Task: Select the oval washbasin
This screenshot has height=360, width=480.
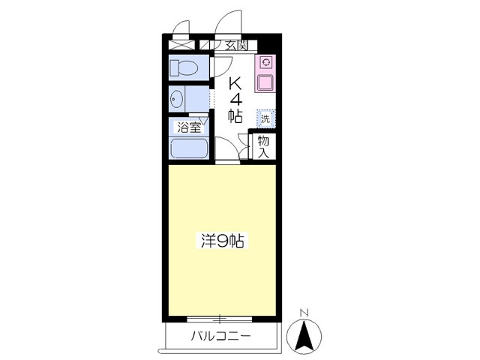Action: pos(178,98)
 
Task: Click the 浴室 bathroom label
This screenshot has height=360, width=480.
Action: pos(188,127)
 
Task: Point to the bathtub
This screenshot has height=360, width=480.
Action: pos(188,147)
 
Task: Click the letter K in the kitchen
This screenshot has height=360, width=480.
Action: pos(235,82)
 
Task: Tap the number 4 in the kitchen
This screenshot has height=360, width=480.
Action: pos(235,98)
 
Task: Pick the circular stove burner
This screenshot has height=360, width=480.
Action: pos(265,63)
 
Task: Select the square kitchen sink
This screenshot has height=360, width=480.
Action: pos(265,82)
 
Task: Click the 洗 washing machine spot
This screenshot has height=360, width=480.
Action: pos(265,118)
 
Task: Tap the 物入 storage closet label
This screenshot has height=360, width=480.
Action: pos(263,145)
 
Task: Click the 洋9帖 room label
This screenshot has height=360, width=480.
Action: pos(221,241)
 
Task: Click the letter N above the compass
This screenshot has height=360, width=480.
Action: pos(304,312)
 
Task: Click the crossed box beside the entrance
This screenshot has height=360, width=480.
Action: pos(180,45)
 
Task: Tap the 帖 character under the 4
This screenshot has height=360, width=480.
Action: pos(235,115)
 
